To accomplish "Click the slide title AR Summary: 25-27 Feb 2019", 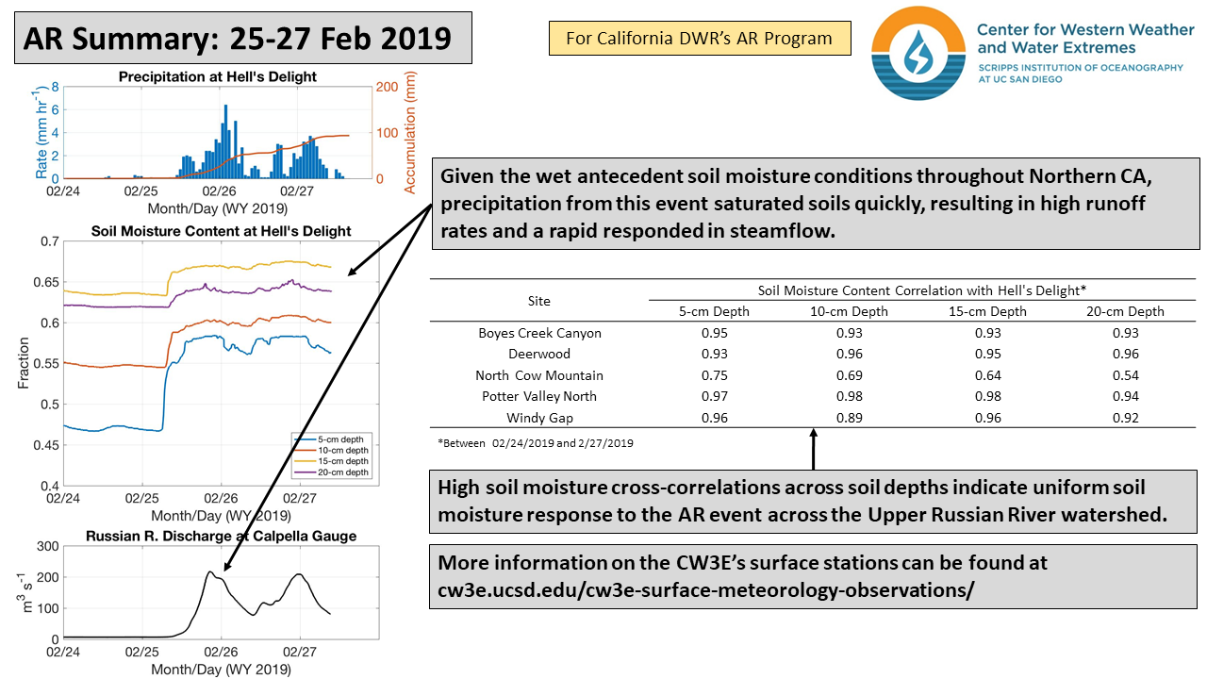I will tap(237, 39).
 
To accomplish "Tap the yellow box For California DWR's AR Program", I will tap(699, 39).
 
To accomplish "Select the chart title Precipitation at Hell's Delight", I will tap(218, 76).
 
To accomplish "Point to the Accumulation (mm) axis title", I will tap(410, 133).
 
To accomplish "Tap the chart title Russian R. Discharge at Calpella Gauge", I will tap(221, 537).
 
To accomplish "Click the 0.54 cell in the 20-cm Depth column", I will tap(1125, 375).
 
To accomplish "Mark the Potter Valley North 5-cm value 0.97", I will tap(714, 396).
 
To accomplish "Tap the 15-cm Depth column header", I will tap(987, 311).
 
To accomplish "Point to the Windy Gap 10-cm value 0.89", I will tap(850, 418).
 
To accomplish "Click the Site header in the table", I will tap(538, 301).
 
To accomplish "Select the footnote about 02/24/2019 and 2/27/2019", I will tap(535, 442).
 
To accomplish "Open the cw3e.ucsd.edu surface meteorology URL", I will tap(705, 589).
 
